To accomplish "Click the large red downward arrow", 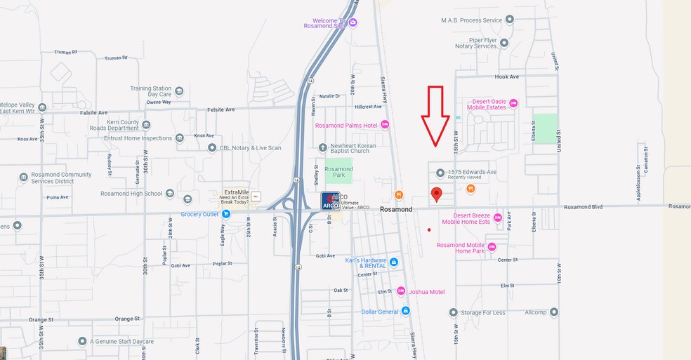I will click(x=436, y=116).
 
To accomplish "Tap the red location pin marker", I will click(x=436, y=194).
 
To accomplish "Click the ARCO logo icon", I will click(x=331, y=201).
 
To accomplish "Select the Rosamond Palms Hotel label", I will click(x=346, y=126).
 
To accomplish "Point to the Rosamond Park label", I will click(x=338, y=172).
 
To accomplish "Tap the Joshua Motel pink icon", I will click(x=401, y=291).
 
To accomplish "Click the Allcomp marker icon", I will click(x=554, y=312).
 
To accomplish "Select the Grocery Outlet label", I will click(x=201, y=214).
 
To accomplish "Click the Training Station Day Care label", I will click(x=151, y=91).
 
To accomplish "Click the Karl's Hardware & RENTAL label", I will click(x=366, y=263).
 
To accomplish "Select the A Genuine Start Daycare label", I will click(x=121, y=342).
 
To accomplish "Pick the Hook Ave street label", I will click(x=506, y=76).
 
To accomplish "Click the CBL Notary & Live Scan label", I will click(x=249, y=147).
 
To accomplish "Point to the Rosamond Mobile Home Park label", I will click(x=461, y=248).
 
